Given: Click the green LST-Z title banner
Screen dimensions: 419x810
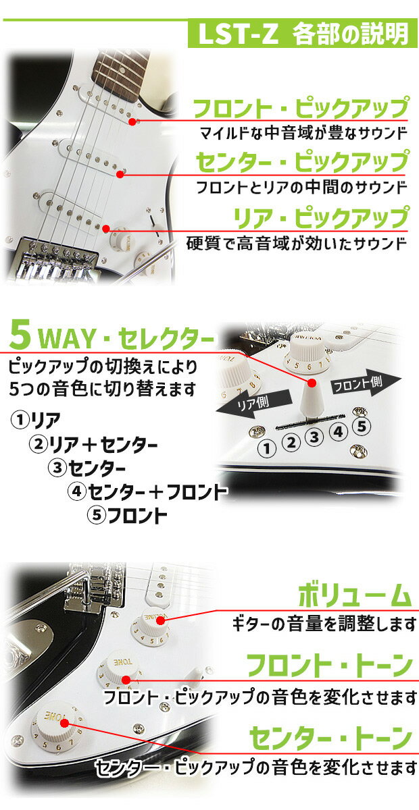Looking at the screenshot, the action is coord(302,34).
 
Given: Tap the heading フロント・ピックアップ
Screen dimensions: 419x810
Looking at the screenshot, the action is coord(301,107).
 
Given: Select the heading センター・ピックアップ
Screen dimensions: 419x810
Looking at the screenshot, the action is coord(302,161).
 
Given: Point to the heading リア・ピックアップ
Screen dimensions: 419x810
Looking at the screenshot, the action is coord(321,217).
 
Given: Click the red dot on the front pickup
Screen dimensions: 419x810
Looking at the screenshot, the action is coord(132,122).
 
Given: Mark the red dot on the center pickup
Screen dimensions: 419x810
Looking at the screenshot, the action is coord(120,175).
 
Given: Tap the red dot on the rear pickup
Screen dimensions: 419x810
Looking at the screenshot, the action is coord(105,229).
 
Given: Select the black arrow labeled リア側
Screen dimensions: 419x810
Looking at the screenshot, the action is coord(253,403).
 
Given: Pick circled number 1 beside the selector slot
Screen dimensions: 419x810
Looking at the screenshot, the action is coord(267,449).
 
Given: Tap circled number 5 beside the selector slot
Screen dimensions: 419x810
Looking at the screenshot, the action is coord(362,427).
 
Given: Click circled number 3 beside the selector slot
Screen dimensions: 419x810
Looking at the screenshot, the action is coord(314,437).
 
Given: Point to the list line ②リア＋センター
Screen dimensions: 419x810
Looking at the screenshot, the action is coord(93,445).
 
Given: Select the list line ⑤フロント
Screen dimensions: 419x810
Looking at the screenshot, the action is coord(127,515).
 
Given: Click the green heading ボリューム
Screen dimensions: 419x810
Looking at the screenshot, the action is coord(355,595).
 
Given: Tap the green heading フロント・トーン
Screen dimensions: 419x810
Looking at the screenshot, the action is coord(330,666).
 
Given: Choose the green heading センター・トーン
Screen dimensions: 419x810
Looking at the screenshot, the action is coord(331,737).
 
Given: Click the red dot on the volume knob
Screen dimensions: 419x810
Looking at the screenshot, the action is coord(160,620).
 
